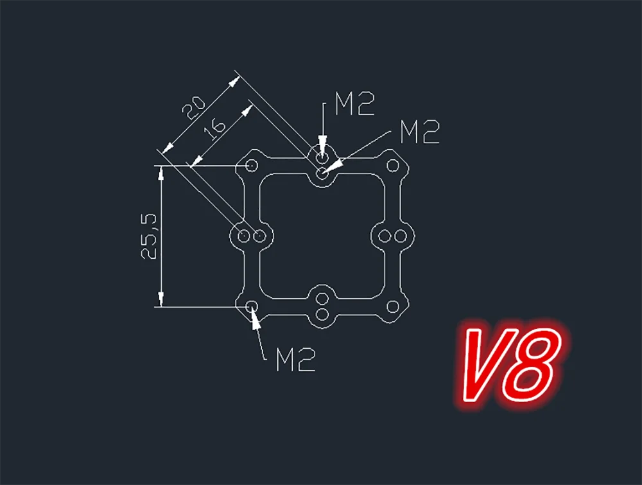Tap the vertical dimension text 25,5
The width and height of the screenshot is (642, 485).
click(x=149, y=236)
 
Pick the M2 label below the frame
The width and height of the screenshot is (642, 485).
click(x=296, y=360)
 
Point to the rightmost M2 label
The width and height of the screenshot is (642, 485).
click(x=419, y=132)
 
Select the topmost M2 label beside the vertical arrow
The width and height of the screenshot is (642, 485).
click(x=354, y=104)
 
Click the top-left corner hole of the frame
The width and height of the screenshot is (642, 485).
click(x=252, y=166)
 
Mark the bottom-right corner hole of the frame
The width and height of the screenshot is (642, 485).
click(x=392, y=306)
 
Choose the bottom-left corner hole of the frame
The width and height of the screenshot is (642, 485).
click(x=252, y=306)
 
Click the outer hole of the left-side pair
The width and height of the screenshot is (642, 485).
click(x=244, y=236)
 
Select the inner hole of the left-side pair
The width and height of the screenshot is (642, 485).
click(x=259, y=236)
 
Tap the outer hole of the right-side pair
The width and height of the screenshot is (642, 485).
click(x=400, y=236)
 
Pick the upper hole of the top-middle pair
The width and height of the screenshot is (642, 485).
click(x=322, y=157)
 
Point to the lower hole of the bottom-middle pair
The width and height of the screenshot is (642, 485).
click(x=322, y=315)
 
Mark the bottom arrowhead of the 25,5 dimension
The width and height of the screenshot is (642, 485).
click(x=161, y=299)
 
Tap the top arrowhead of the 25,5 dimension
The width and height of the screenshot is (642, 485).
click(x=161, y=173)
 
